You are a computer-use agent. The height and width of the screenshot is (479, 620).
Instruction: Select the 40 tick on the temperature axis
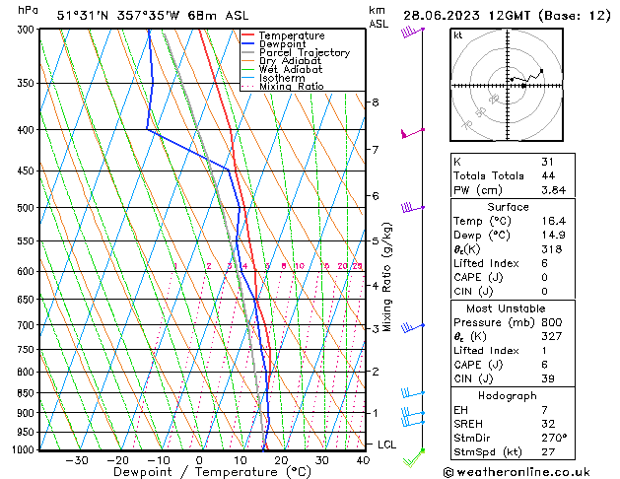363,460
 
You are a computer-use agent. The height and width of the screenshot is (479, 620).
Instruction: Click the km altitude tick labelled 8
375,103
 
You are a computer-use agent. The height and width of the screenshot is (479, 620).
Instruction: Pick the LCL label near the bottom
387,445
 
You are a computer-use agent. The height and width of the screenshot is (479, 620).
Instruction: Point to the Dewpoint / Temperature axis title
199,472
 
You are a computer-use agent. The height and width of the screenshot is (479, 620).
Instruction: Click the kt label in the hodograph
457,35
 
